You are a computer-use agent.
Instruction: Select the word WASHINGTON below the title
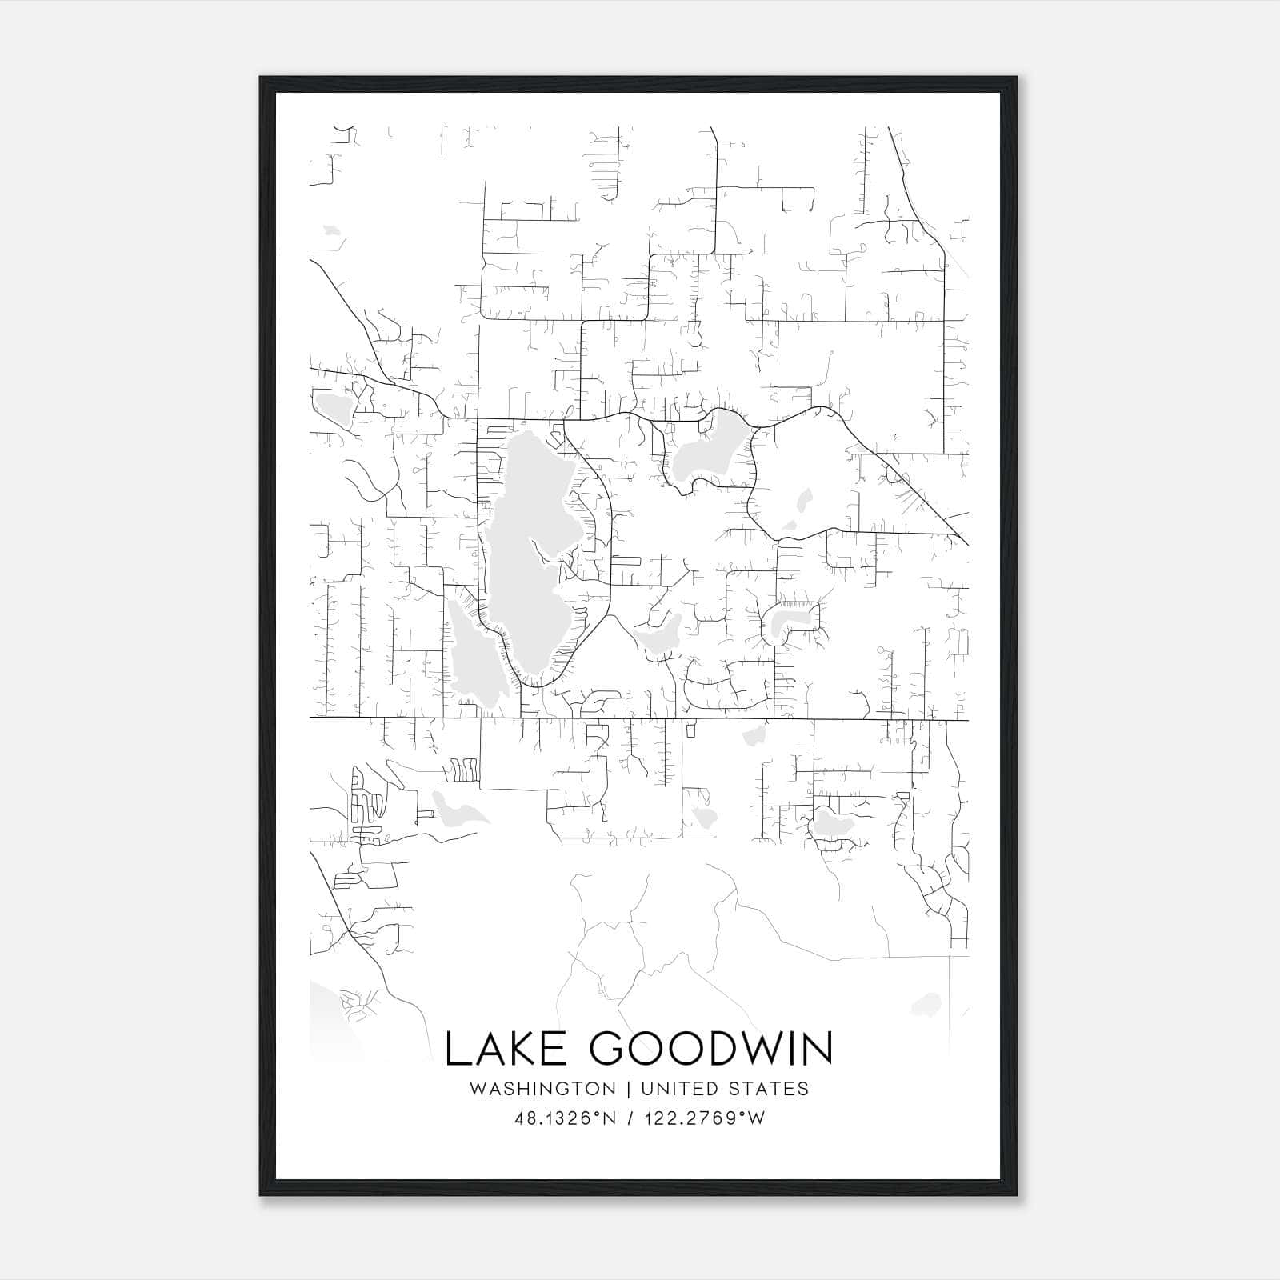(543, 1089)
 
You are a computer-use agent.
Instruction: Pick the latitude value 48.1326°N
(566, 1118)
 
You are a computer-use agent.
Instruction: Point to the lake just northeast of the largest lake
(708, 452)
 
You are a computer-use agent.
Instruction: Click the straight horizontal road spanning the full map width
(640, 718)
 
